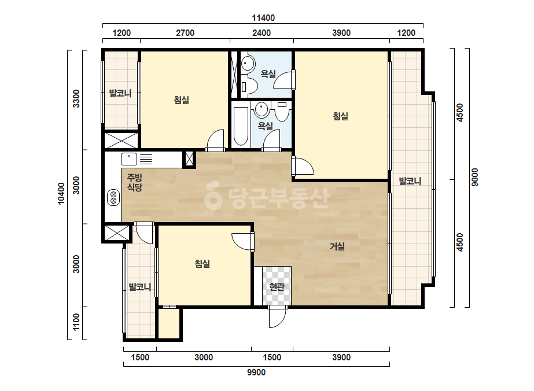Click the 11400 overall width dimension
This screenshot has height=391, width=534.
tap(263, 18)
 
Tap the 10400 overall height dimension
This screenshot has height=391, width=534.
tap(61, 194)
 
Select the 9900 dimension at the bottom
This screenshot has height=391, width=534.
tap(256, 372)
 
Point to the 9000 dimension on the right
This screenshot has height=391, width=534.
tap(475, 177)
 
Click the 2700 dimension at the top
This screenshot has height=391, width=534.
tap(185, 33)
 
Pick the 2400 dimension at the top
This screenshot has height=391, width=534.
tap(262, 33)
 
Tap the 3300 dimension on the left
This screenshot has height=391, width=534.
tap(76, 98)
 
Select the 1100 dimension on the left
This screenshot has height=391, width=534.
tap(76, 322)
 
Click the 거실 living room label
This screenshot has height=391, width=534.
tap(337, 246)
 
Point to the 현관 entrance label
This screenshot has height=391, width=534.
tap(277, 287)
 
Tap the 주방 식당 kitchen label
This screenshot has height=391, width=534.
tap(135, 182)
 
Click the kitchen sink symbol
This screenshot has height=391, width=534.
tap(129, 159)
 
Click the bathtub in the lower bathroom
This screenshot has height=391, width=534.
tap(241, 126)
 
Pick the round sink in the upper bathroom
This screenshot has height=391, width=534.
tap(248, 64)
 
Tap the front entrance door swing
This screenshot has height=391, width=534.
tap(277, 317)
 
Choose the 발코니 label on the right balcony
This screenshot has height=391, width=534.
tap(410, 181)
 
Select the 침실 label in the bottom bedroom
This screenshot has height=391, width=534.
tap(202, 263)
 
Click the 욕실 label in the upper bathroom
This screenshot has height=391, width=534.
tap(268, 74)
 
